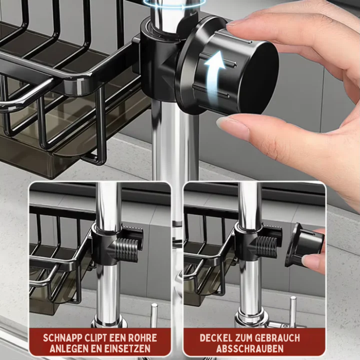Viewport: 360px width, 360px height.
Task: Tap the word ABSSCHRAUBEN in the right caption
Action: coord(250,349)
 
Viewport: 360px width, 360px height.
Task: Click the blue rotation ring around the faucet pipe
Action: coord(174,4)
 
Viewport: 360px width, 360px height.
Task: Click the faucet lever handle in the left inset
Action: coord(154,315)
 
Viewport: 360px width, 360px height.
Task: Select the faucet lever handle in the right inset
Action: coord(293,311)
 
